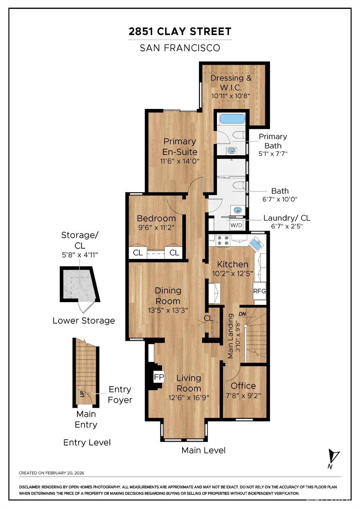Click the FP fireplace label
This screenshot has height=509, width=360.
(x=159, y=377)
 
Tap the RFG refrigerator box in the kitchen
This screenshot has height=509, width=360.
(x=259, y=291)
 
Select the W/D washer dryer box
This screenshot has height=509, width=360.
(x=236, y=225)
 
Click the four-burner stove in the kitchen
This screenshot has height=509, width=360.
(x=223, y=241)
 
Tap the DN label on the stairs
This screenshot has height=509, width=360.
(x=242, y=314)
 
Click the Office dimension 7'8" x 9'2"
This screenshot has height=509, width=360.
(x=243, y=396)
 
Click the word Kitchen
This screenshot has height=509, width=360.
(x=233, y=264)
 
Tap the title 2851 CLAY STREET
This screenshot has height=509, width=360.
(x=180, y=31)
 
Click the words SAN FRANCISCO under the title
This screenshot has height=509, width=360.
(x=180, y=48)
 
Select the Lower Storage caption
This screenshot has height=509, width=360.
(x=84, y=321)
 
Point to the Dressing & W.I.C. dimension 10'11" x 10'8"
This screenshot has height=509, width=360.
(x=231, y=96)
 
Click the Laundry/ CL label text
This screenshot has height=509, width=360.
(x=287, y=218)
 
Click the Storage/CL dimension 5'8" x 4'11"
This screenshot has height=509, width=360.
(x=80, y=255)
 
